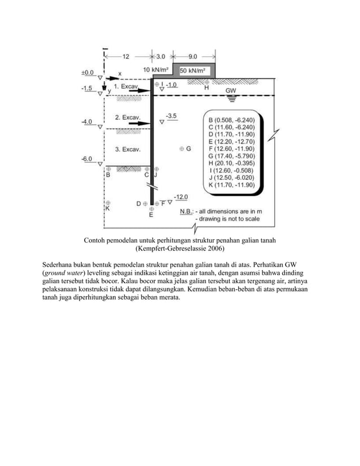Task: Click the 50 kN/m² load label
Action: coord(192,71)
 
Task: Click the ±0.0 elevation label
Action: coord(86,73)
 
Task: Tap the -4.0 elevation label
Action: coord(86,121)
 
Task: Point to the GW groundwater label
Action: coord(231,90)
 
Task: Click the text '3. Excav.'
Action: coord(128,149)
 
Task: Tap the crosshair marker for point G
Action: coord(182,148)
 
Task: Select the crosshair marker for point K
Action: coord(108,203)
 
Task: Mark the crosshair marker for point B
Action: coord(108,168)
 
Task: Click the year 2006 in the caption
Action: coord(213,248)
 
